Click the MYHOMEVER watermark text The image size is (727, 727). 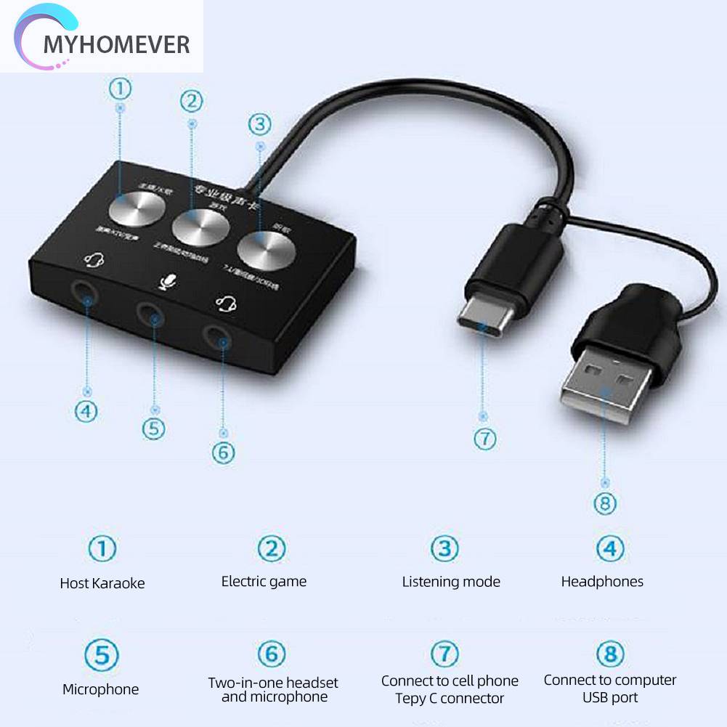(116, 44)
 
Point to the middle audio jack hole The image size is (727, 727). (151, 314)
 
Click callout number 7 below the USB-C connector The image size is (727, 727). (484, 439)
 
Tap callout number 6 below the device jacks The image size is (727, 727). (223, 452)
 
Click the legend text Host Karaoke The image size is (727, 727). (102, 583)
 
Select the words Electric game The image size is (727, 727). (264, 582)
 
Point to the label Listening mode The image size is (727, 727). (451, 582)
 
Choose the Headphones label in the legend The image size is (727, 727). (602, 581)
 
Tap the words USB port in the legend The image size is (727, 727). (610, 698)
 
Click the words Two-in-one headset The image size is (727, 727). (273, 683)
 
